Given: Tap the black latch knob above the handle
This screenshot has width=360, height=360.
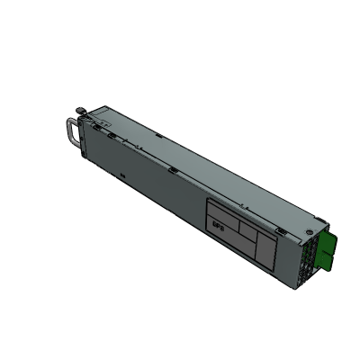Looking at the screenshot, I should [x=82, y=112].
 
